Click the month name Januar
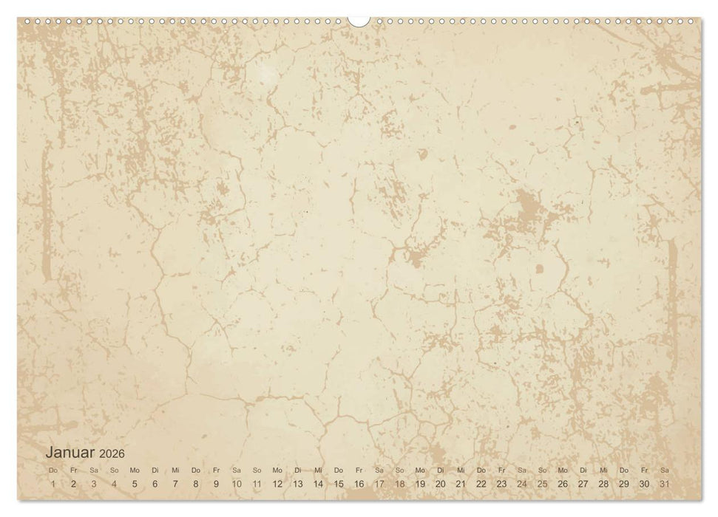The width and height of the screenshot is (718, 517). [70, 453]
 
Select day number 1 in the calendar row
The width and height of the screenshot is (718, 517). [53, 484]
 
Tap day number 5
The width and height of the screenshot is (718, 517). [135, 484]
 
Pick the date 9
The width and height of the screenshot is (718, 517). [216, 484]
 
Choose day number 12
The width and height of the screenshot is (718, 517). [277, 484]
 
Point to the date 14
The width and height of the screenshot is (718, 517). [318, 484]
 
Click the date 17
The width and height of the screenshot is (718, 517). [379, 484]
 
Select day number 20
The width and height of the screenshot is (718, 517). [441, 484]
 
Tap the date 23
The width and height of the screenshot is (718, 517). [501, 484]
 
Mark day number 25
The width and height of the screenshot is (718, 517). [542, 484]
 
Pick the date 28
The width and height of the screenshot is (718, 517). [603, 484]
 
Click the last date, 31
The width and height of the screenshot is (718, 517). [665, 484]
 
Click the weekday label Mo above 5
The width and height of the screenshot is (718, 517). [135, 470]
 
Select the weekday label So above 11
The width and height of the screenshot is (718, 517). [257, 470]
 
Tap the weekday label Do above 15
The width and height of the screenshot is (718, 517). [339, 470]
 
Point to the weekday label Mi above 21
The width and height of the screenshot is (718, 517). [461, 470]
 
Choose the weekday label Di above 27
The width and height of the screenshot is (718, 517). [583, 470]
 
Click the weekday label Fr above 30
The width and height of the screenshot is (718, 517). [645, 470]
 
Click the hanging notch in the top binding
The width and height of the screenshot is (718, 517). [359, 21]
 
